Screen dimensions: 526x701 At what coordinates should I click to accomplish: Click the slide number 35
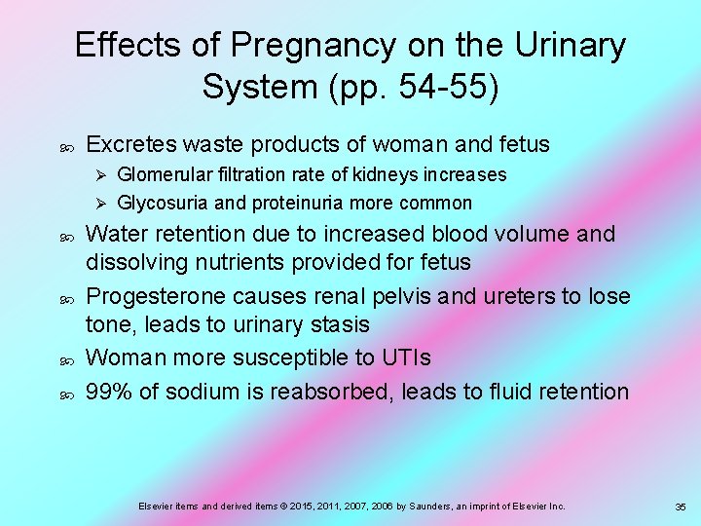point(681,507)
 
